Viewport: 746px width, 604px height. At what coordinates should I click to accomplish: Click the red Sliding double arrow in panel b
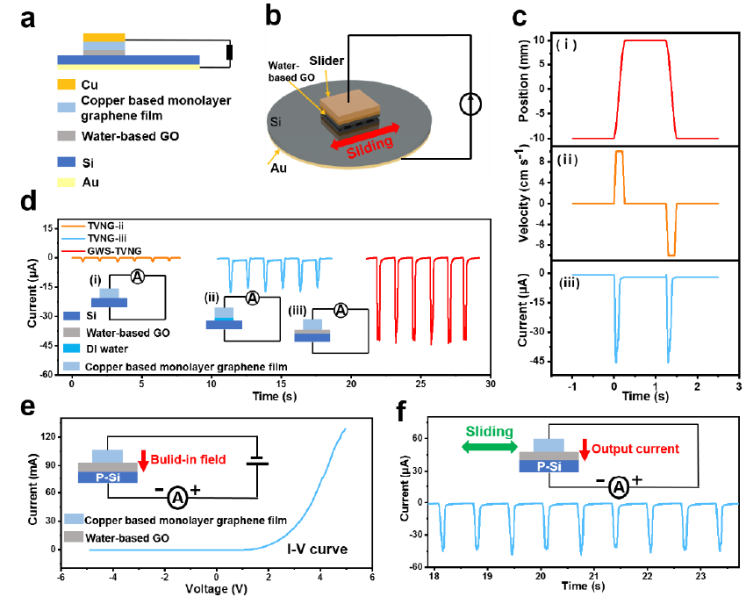[x=368, y=140]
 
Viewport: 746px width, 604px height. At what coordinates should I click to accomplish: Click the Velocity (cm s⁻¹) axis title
[x=525, y=203]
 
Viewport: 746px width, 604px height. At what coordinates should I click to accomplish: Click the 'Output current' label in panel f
[x=636, y=449]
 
